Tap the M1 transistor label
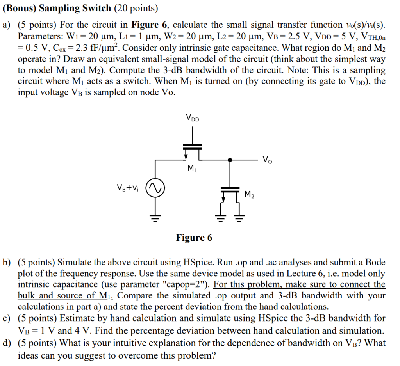(192, 169)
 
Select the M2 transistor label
(250, 194)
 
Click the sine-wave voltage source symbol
(155, 189)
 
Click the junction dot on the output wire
(230, 160)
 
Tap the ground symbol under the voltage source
(155, 219)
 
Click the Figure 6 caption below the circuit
(194, 237)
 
